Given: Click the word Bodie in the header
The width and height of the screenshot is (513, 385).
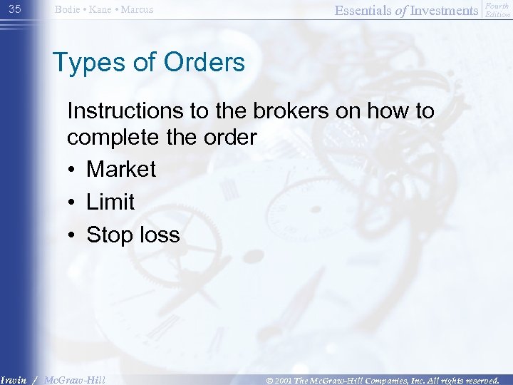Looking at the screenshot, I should coord(68,10).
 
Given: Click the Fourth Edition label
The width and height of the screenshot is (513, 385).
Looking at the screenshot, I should coord(497,9).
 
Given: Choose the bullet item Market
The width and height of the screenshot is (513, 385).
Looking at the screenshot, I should coord(121,169).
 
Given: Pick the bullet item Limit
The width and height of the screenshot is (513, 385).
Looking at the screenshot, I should coord(110,202).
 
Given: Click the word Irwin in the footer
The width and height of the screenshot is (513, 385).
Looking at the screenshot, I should coord(14,379).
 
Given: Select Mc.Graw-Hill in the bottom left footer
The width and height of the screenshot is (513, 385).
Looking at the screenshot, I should coord(74,379).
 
